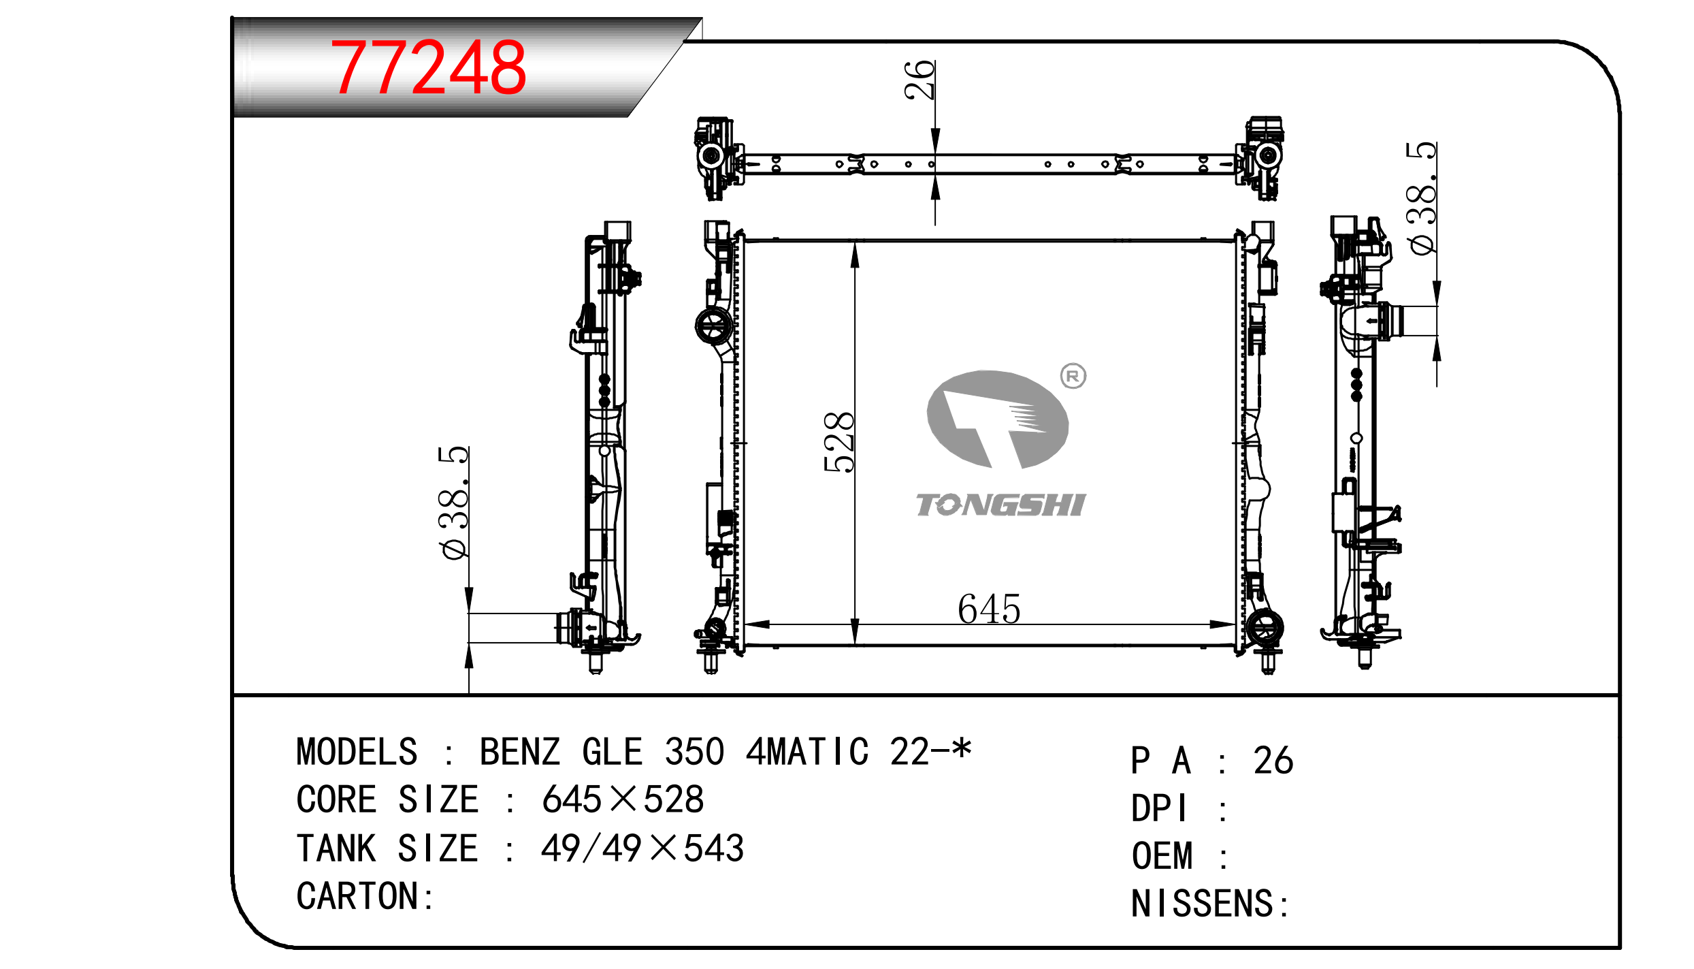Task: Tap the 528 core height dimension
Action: (838, 442)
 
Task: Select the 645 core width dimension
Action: (989, 609)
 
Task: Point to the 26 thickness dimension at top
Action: (919, 80)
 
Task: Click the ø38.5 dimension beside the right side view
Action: (1422, 198)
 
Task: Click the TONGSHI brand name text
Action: (1000, 505)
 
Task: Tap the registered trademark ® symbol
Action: (1073, 376)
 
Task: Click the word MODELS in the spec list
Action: (357, 752)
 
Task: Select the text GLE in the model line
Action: (612, 752)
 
